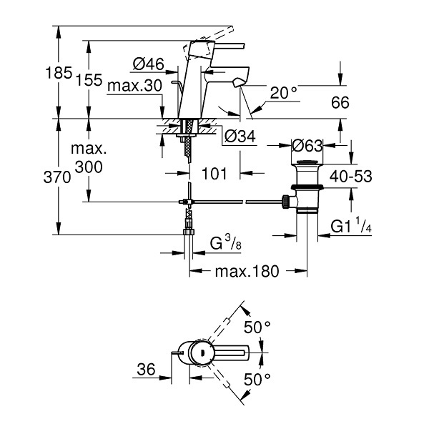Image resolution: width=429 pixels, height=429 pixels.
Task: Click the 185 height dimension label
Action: coord(59,73)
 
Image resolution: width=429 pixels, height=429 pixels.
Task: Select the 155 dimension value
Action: coord(89,80)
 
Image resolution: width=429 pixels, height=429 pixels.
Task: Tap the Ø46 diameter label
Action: coord(148,64)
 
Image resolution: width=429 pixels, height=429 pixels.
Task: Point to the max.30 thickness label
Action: coord(135,86)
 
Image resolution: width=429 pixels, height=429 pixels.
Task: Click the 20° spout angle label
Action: coord(284,92)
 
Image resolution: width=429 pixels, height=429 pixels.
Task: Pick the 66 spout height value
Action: coord(340,102)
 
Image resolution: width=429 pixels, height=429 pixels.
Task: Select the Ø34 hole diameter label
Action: coord(240,136)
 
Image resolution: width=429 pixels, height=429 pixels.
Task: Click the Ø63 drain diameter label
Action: coord(307,145)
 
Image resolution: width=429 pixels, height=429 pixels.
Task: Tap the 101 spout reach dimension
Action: coord(214,174)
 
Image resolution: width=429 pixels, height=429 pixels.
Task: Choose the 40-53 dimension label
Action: coord(351,176)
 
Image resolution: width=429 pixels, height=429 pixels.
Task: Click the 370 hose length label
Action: coord(57,177)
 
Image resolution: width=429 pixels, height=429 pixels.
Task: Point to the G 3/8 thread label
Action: coord(226,242)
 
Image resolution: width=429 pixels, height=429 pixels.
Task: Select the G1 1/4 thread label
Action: coord(351,225)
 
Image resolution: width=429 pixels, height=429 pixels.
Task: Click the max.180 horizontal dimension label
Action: coord(247,271)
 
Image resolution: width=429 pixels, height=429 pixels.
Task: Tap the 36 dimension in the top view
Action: coord(146,370)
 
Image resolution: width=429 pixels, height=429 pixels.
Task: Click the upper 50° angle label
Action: coord(257,327)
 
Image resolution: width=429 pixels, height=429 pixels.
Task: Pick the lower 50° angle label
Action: coord(257,379)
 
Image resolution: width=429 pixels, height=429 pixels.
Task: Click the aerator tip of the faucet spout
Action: coord(237,83)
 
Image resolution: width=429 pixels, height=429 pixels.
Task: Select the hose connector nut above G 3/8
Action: coord(188,232)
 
